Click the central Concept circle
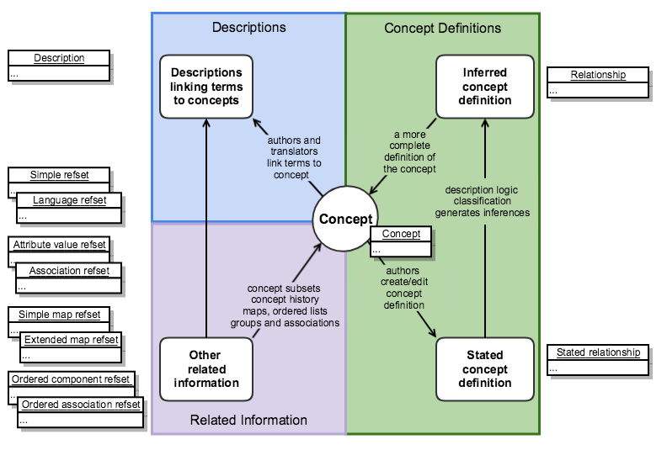[x=344, y=220]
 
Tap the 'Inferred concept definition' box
[x=485, y=87]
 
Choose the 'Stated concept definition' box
[x=485, y=369]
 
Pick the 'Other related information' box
[x=206, y=369]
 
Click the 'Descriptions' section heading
[x=248, y=28]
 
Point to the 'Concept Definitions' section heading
[x=442, y=29]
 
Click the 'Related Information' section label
[x=248, y=420]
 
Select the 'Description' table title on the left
[x=59, y=58]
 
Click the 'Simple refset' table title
[x=59, y=175]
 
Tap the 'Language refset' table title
[x=69, y=200]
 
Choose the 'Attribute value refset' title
[x=59, y=245]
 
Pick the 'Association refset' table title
[x=69, y=271]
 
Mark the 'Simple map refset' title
[x=59, y=315]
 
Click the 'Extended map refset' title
[x=71, y=340]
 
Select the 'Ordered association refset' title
[x=81, y=405]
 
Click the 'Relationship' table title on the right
[x=598, y=75]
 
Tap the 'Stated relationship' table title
[x=598, y=352]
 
